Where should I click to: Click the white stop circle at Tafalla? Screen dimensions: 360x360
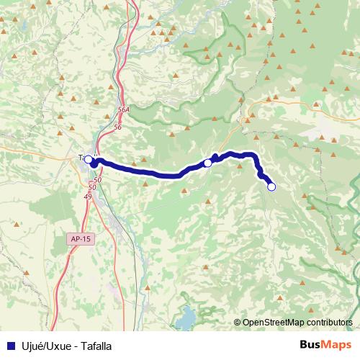point(89,159)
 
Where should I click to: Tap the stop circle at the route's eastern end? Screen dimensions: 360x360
point(271,186)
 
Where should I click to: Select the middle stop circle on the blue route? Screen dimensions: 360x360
point(207,163)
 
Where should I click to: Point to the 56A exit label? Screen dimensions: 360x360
point(123,109)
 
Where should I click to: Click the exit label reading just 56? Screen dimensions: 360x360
point(118,126)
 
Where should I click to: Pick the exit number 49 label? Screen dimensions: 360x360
point(88,196)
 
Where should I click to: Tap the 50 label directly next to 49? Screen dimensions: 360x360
point(91,187)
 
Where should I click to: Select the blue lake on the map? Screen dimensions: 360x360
point(186,316)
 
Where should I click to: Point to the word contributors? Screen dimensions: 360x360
point(331,323)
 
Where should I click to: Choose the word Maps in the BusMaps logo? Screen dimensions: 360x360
point(336,346)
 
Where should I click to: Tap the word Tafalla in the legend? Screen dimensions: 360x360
point(95,346)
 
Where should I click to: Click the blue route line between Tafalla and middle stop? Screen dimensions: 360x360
point(144,171)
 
